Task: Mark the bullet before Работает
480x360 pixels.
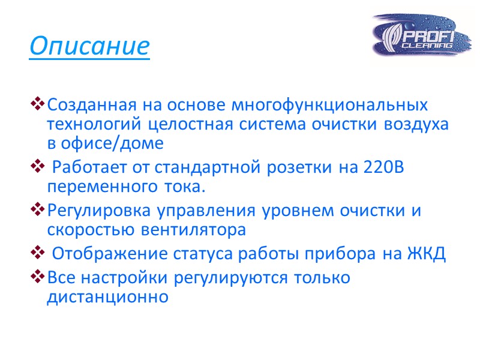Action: pyautogui.click(x=37, y=169)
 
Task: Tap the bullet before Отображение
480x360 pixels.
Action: pyautogui.click(x=37, y=254)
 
